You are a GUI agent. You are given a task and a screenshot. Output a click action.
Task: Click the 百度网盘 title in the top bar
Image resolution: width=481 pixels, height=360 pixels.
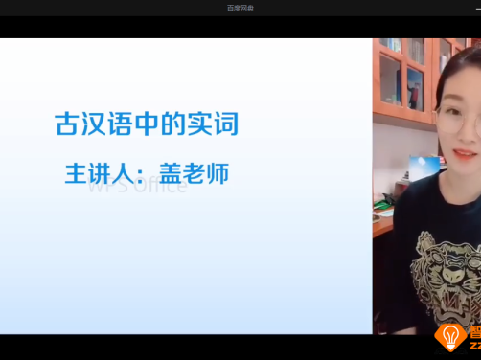pyautogui.click(x=240, y=8)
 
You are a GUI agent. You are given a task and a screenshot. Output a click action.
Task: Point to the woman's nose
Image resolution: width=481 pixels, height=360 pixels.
pyautogui.click(x=467, y=135)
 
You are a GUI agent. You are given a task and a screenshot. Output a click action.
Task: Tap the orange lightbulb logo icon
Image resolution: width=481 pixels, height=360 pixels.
pyautogui.click(x=449, y=337)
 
